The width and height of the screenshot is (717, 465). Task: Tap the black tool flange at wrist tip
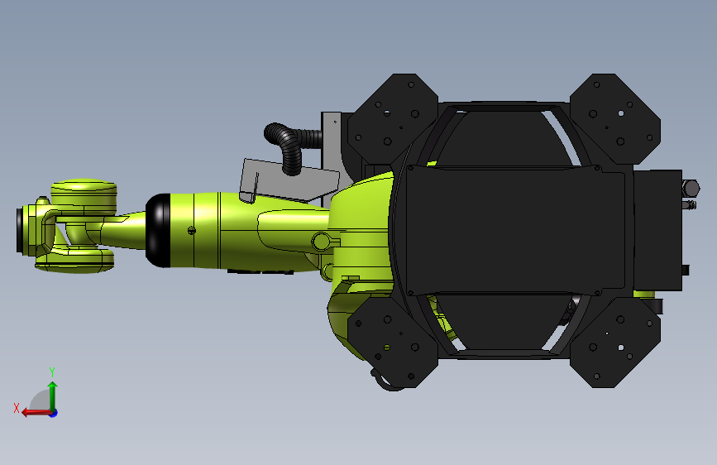coord(21,232)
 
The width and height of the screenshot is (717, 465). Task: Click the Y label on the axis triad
coord(52,371)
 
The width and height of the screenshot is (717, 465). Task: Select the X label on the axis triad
coord(16,407)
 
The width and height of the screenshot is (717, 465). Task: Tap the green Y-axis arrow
coord(52,393)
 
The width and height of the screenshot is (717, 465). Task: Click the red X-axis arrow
coord(33,411)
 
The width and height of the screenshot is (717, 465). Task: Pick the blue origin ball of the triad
coord(53,412)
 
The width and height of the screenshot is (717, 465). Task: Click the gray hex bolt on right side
coord(688,189)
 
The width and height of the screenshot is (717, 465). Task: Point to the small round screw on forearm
coord(191,230)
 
